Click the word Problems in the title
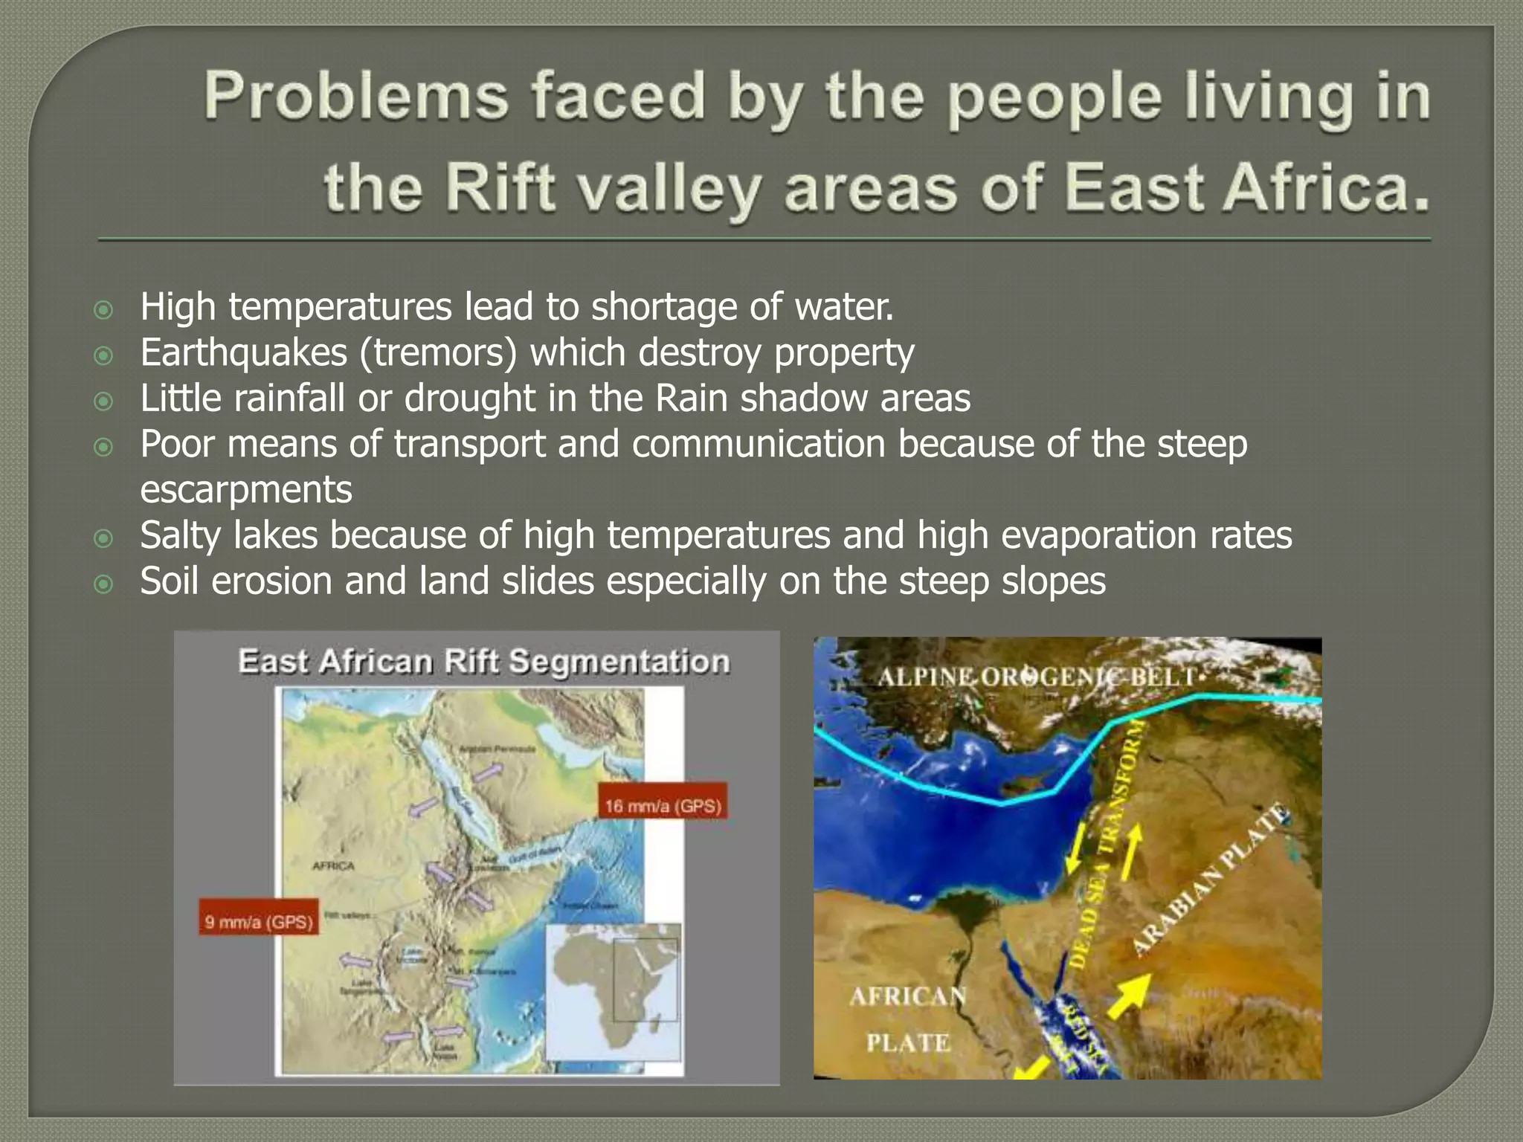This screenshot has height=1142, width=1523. (356, 97)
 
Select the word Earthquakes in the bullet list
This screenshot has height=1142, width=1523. (243, 352)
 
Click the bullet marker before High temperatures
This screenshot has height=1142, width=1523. (103, 309)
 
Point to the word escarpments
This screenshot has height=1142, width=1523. (245, 489)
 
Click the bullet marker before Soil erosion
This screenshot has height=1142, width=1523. (103, 584)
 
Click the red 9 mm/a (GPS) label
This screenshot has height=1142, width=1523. (259, 922)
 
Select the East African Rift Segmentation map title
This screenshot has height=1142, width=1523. (483, 662)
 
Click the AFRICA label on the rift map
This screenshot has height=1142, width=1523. (333, 866)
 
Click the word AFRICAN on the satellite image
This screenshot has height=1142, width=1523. (907, 996)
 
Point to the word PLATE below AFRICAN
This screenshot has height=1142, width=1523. (908, 1043)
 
